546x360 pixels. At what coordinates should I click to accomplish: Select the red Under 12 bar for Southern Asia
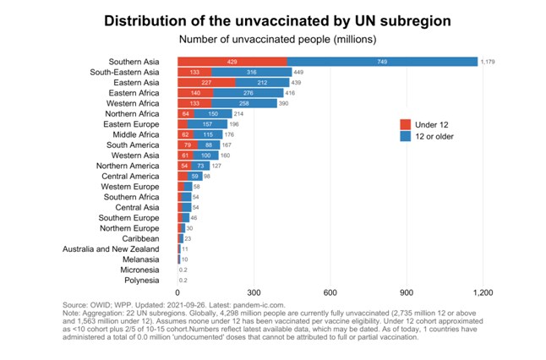pos(232,62)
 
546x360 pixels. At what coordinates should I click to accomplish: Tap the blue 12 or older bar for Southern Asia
pos(383,62)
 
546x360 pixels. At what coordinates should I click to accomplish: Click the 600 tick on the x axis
pos(330,292)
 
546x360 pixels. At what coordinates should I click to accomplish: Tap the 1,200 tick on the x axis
pos(483,292)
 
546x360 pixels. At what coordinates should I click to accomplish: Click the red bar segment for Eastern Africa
pos(195,93)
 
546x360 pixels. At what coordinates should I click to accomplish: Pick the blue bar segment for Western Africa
pos(244,103)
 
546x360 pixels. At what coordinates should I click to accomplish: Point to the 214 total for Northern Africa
pos(239,113)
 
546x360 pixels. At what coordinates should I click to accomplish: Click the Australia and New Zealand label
pos(112,248)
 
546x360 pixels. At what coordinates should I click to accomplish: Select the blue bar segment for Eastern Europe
pos(208,124)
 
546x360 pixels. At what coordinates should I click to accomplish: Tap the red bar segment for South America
pos(187,145)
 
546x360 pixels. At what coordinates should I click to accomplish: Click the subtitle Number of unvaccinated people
pos(273,39)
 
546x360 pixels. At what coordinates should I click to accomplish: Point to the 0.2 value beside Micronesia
pos(183,270)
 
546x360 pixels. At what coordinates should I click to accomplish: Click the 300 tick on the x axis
pos(254,292)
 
